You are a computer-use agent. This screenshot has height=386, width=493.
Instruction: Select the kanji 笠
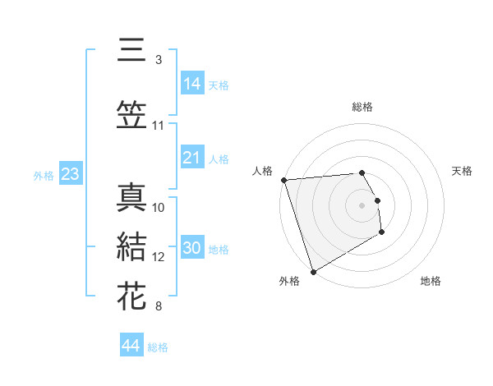point(131,115)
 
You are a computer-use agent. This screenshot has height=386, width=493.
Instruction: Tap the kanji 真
point(131,197)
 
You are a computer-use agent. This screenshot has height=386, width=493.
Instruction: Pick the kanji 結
point(131,247)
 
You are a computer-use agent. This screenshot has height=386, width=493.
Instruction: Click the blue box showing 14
point(192,83)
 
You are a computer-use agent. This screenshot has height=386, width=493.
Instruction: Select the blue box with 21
point(192,158)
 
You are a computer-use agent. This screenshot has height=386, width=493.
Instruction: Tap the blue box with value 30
point(192,249)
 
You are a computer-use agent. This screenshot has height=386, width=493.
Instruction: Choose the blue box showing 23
point(70,174)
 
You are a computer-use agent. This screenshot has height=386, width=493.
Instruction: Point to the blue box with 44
point(131,346)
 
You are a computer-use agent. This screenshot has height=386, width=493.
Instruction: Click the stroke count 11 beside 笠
point(159,126)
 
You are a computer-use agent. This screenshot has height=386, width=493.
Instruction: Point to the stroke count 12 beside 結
point(159,257)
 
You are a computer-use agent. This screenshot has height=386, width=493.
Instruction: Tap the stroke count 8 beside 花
point(158,307)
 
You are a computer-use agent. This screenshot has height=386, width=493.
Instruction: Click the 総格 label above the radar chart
point(362,107)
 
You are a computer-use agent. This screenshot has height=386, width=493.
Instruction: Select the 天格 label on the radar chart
point(462,171)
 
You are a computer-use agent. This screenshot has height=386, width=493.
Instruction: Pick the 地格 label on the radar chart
point(431,281)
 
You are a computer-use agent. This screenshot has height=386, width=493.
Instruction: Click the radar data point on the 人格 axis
point(283,180)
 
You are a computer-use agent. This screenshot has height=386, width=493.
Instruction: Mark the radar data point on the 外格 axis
point(312,271)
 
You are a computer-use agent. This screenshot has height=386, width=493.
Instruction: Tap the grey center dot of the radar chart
point(362,204)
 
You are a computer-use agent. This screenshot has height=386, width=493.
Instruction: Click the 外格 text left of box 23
point(43,175)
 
